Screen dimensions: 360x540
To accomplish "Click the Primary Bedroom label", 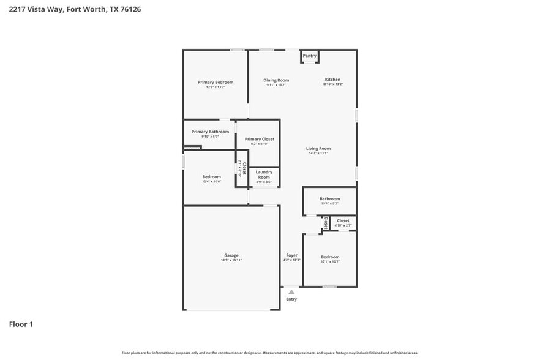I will (215, 82).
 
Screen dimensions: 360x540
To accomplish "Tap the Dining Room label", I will (276, 80).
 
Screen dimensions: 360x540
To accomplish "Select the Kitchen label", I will (332, 80).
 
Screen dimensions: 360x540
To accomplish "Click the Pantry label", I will (310, 56).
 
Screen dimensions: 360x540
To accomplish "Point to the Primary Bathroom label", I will (210, 132).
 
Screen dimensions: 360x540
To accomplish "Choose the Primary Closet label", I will (260, 139).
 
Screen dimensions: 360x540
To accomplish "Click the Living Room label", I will (318, 148).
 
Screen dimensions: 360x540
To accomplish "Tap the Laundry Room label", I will (264, 174).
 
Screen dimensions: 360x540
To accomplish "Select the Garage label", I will (231, 255).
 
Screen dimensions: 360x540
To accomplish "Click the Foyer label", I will (292, 255).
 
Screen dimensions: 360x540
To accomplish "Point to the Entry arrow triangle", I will (291, 292).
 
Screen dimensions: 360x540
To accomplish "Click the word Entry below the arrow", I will (291, 299).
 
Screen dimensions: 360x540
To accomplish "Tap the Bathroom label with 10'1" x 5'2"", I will (329, 198).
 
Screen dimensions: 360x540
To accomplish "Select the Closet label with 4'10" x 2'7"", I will (343, 220).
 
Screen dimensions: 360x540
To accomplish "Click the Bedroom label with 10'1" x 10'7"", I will (330, 257).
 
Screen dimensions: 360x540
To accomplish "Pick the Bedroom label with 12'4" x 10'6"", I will (211, 176).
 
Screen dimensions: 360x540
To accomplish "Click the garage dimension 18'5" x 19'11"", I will (231, 260).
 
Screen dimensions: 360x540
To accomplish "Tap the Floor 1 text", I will (21, 324).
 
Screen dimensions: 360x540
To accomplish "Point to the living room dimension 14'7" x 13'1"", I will (318, 153).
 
